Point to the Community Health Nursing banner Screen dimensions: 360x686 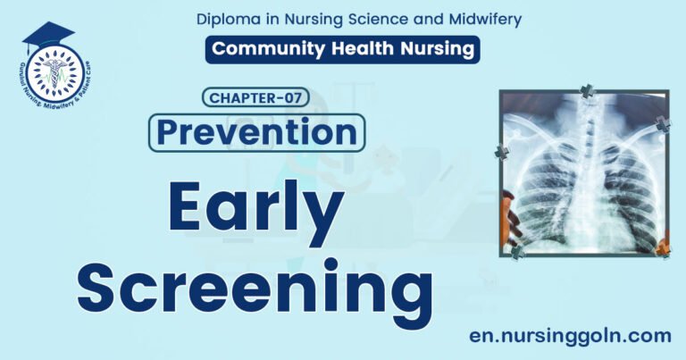[x=342, y=49]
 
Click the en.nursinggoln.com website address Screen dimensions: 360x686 [x=569, y=336]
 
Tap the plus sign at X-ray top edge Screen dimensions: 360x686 [x=587, y=91]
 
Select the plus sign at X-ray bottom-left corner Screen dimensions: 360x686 [x=517, y=253]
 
